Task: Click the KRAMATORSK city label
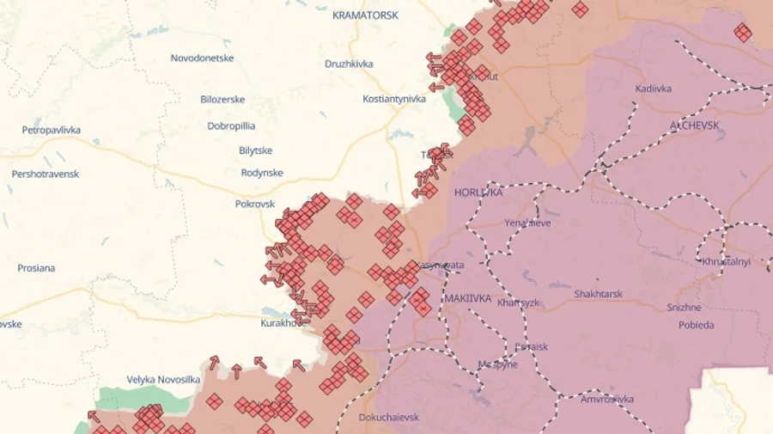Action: [365, 15]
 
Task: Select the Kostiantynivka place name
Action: [394, 99]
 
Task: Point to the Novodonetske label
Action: [202, 58]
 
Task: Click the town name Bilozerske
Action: [222, 100]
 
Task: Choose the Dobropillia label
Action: [231, 125]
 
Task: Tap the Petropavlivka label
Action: [52, 131]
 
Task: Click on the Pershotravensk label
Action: [46, 174]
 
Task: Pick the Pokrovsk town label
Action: [255, 205]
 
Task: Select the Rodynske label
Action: [262, 173]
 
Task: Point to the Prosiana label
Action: [36, 268]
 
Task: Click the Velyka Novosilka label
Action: [163, 379]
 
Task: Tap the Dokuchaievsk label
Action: [389, 418]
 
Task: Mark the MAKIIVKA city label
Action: [468, 298]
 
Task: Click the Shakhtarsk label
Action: [598, 294]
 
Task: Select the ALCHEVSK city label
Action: [694, 125]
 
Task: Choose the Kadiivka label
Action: [654, 89]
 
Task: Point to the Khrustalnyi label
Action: [726, 261]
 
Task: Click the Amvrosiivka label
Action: [606, 399]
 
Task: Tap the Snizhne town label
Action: [684, 307]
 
